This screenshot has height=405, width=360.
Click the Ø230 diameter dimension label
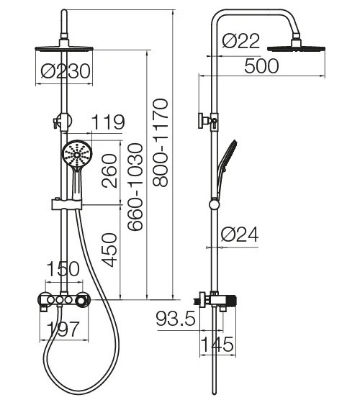[66, 71]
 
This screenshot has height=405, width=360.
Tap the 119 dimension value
[108, 122]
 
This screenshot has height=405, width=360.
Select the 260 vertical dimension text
[109, 170]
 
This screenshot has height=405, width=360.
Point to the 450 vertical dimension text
[109, 250]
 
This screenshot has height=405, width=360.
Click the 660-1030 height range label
[135, 187]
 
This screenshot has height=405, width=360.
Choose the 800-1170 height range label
[161, 142]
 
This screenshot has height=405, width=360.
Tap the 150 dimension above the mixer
[63, 268]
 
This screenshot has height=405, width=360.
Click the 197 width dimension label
[63, 329]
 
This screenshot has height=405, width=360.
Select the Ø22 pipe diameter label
[241, 41]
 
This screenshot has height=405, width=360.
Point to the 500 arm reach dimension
[261, 66]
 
